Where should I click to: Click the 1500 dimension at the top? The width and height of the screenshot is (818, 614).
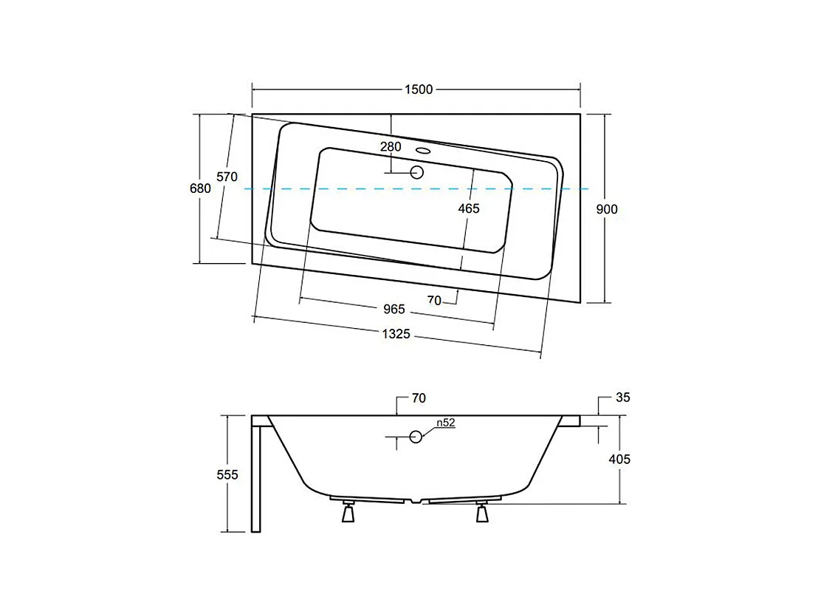[418, 89]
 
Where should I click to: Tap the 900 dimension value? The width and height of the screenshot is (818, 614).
[606, 209]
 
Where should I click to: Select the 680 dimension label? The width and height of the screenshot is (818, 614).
[200, 188]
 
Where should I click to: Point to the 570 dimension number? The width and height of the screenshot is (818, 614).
[227, 177]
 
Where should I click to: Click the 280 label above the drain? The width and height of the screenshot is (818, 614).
[391, 146]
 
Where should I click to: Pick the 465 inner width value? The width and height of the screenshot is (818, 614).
[469, 208]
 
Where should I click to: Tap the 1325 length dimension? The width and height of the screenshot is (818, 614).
[396, 334]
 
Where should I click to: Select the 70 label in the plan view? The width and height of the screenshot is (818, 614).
[434, 299]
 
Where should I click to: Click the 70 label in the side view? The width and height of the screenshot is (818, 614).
[419, 398]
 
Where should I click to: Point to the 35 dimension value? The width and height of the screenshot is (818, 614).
[622, 398]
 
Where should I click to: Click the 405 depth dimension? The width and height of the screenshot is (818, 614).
[620, 459]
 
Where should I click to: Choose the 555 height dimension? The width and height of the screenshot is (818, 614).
[227, 475]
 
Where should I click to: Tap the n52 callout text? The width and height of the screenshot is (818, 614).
[444, 423]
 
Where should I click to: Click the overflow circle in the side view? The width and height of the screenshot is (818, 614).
[416, 437]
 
